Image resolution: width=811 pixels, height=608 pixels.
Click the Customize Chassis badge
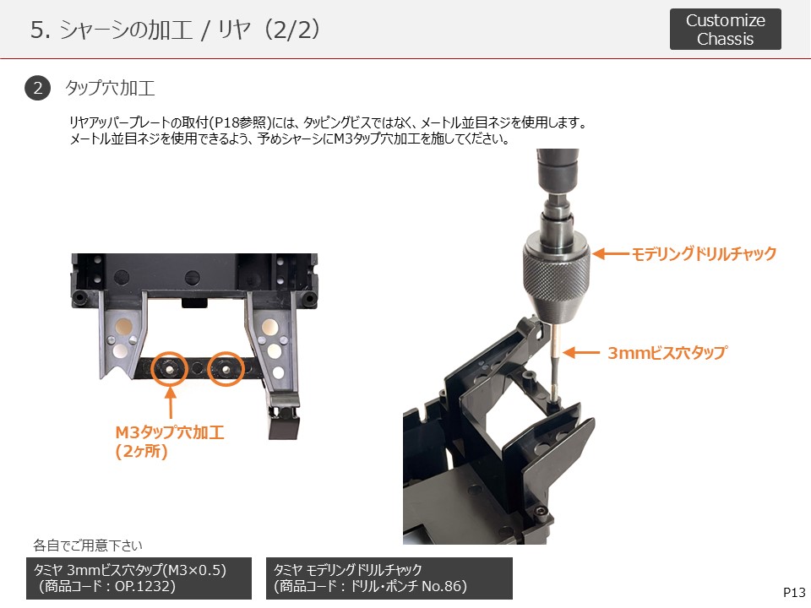pos(725,29)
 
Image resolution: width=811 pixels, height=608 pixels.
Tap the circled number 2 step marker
pos(37,88)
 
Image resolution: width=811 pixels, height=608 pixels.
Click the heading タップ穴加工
pos(110,88)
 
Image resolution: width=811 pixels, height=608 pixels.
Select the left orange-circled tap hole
pos(169,369)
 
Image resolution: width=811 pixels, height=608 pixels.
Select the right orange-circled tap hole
pos(226,369)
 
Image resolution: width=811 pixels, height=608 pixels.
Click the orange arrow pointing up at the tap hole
pos(171,402)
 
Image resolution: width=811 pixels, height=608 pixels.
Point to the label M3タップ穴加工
pos(170,432)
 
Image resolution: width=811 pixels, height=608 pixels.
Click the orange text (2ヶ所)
pos(141,451)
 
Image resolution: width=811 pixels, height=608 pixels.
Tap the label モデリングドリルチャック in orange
pos(704,253)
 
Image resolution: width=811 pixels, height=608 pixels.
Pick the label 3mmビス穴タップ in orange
pos(667,353)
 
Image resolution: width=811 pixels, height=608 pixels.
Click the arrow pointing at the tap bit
pos(581,353)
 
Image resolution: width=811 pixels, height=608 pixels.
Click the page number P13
pos(794,593)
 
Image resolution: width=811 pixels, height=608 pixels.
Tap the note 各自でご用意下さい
pos(88,545)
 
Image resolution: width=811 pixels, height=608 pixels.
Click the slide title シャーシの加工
pos(126,30)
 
